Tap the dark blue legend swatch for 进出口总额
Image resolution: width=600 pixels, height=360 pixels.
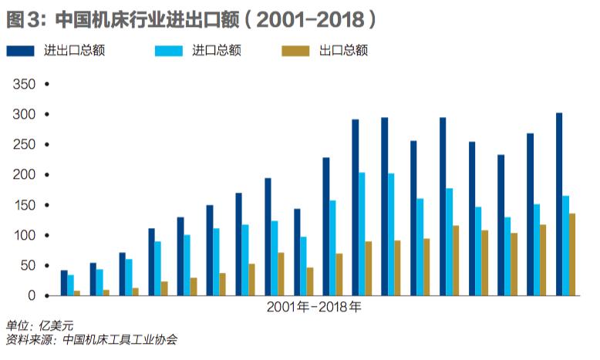(x=21, y=51)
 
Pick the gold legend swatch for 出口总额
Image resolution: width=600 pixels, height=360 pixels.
(x=295, y=51)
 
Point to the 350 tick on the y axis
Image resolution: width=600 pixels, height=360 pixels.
(x=25, y=84)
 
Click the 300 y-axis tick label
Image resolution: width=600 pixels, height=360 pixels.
(x=25, y=114)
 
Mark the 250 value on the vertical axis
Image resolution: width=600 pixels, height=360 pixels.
(x=25, y=145)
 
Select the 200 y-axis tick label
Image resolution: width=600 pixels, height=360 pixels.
(x=25, y=175)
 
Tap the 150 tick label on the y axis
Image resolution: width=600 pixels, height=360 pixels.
(x=25, y=205)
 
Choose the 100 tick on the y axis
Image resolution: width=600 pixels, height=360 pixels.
(x=25, y=235)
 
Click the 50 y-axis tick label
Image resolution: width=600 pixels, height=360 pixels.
(x=29, y=266)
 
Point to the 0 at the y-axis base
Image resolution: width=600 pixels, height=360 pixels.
(x=32, y=296)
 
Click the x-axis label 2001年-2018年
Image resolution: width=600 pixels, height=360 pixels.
(x=314, y=307)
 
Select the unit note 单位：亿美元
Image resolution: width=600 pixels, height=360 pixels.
(x=39, y=325)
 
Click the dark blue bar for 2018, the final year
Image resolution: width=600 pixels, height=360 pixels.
(x=559, y=204)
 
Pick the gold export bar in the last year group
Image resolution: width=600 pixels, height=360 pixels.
(x=572, y=255)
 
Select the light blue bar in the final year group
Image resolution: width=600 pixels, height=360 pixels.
(x=566, y=246)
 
